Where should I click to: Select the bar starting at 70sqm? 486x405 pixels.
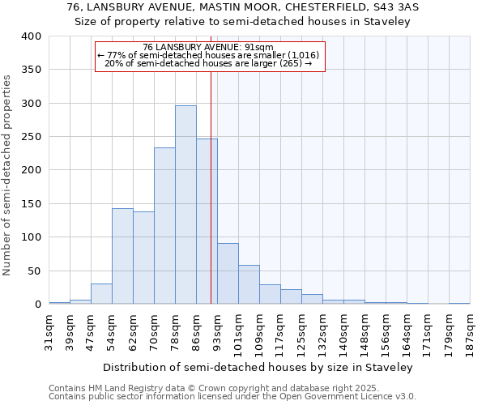164,226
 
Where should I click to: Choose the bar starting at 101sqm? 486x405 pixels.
249,284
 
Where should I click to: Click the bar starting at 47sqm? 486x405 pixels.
101,294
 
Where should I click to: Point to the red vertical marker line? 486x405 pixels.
211,202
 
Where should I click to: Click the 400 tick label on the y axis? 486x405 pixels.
31,36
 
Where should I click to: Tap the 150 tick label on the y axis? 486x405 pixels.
31,204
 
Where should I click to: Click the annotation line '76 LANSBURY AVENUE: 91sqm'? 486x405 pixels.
208,47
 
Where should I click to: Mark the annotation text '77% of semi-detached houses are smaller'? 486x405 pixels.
208,55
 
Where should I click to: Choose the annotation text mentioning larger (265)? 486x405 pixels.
208,63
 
